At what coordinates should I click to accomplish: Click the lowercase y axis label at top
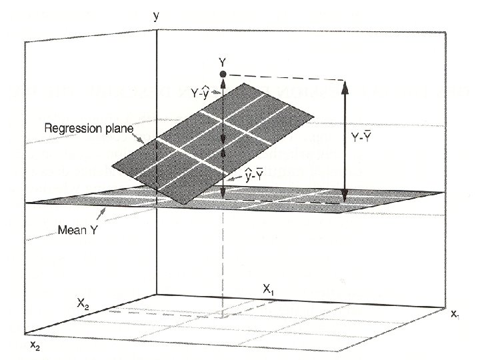pos(156,15)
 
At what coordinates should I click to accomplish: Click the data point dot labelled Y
pos(223,73)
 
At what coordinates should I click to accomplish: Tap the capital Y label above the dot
pos(223,61)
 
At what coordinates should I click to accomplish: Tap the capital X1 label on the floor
pos(269,289)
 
